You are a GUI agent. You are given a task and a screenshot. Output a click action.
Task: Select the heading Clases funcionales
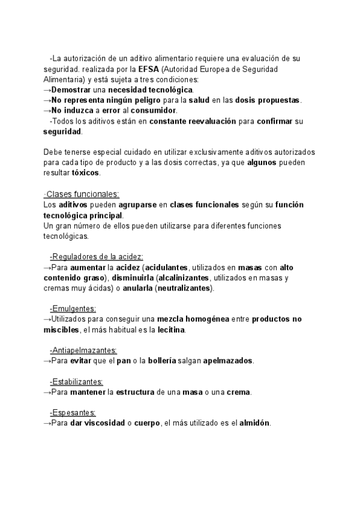[x=82, y=194]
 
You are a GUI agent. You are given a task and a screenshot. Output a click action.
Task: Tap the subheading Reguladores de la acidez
[x=97, y=256]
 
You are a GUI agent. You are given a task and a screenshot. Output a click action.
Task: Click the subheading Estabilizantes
[x=77, y=381]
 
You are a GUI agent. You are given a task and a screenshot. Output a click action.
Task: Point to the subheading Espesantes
[x=74, y=412]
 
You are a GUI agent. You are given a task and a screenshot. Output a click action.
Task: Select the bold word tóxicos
[x=85, y=173]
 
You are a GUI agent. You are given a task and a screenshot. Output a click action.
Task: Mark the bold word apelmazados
[x=228, y=361]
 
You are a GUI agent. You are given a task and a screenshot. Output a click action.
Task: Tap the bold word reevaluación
[x=205, y=121]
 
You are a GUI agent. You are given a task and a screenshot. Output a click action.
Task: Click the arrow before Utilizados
[x=47, y=319]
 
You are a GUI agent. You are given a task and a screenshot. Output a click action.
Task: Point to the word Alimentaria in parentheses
[x=65, y=79]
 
